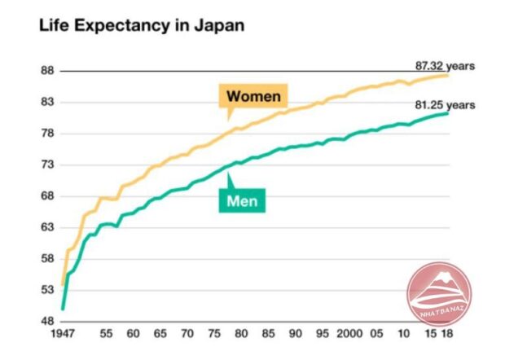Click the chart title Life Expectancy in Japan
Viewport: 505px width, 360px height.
(141, 25)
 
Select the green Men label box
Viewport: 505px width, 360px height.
(243, 199)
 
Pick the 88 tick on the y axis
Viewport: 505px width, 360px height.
(46, 71)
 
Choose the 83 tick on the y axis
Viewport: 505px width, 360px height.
(46, 103)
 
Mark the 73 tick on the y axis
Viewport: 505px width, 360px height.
(46, 165)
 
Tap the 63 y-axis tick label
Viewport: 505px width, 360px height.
(46, 228)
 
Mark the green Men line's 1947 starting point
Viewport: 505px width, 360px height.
(63, 310)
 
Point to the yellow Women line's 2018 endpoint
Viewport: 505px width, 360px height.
(448, 75)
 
